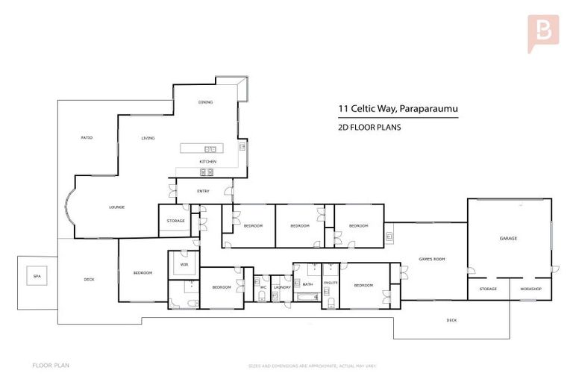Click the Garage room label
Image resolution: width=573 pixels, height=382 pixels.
coord(508,239)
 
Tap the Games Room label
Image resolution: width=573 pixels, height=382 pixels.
coord(432,259)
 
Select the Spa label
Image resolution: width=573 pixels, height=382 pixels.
coord(36,277)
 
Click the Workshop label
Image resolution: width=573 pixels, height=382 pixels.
coord(530,289)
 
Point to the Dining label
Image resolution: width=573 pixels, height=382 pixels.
coord(205,102)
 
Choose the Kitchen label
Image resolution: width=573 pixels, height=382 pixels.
coord(207,162)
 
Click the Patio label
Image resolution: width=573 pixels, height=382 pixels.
coord(87,138)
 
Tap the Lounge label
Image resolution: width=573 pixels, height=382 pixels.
coord(116,207)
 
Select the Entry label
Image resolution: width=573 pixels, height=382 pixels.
coord(203,192)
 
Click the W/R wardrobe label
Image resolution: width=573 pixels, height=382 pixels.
coord(183,263)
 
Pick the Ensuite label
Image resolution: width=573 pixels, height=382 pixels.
coord(331,284)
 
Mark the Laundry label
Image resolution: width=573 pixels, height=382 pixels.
coord(282,287)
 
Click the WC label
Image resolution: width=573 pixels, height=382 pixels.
coord(263,287)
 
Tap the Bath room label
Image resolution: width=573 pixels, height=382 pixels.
coord(307,284)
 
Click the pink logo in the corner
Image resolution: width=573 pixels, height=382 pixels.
coord(542,32)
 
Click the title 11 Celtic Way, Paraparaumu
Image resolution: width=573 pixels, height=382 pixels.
coord(398,109)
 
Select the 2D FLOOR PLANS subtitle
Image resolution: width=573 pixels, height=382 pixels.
coord(370,128)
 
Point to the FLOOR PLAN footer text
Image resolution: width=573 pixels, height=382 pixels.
coord(51,366)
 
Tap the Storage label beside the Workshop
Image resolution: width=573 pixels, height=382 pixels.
coord(488,289)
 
